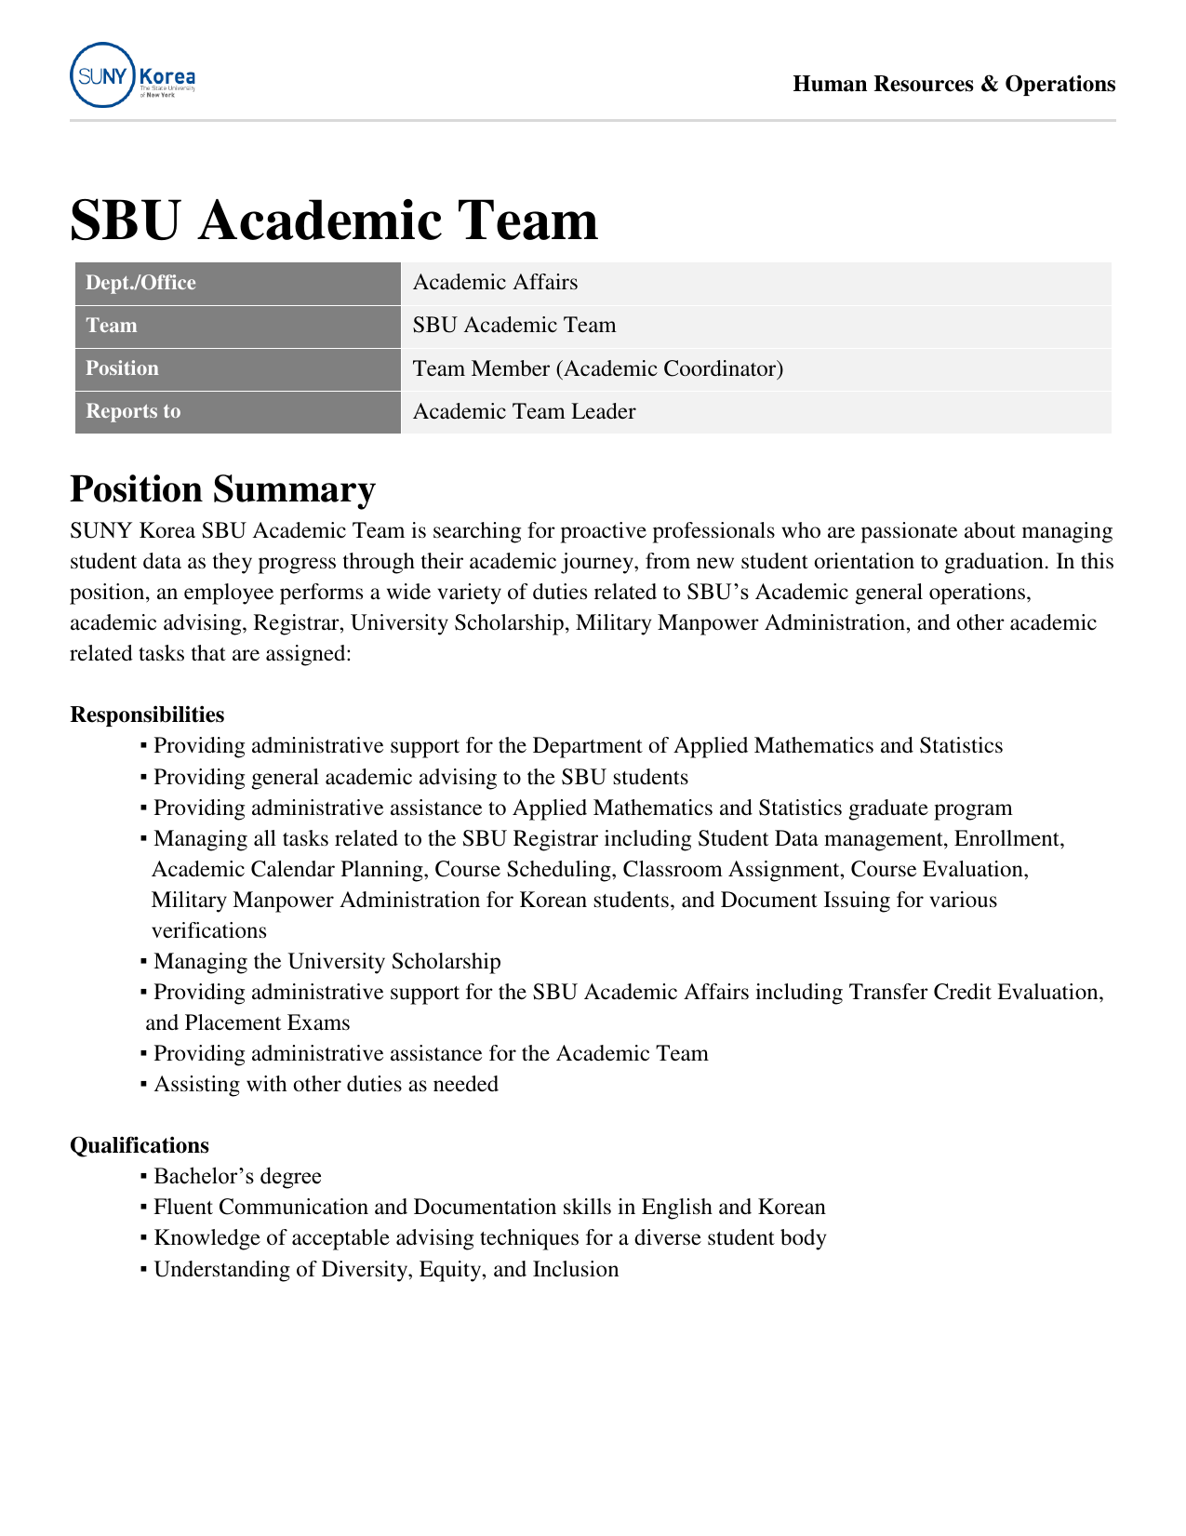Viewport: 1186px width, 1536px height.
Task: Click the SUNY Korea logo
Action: point(132,75)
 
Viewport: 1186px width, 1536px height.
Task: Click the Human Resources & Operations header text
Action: point(953,85)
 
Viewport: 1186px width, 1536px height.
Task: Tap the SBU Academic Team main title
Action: point(334,220)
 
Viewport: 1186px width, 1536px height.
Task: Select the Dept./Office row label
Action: point(141,283)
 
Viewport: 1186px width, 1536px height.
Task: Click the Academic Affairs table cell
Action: point(495,283)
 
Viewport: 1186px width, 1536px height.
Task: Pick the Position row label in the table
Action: point(123,368)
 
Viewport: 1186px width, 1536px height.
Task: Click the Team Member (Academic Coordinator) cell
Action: point(598,369)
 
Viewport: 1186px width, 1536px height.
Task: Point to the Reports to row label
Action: point(133,411)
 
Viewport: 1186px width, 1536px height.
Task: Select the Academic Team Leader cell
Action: point(524,411)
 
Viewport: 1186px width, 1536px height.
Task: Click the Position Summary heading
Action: point(222,489)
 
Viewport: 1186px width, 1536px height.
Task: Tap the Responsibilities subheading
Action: point(147,715)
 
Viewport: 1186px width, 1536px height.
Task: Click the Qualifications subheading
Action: point(140,1145)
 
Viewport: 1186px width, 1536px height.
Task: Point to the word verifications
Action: point(209,931)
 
